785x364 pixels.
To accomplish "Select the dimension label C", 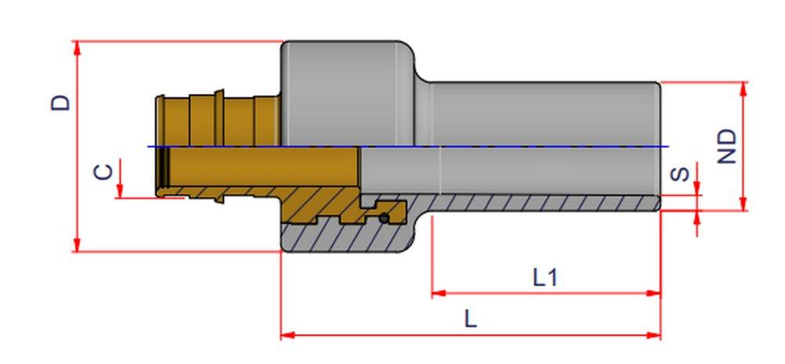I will pos(103,171).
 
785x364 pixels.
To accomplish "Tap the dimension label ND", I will pos(728,146).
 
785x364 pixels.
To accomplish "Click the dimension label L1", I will pos(545,277).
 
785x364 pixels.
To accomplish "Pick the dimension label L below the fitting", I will pos(469,318).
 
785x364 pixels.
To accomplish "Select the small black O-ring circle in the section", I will pos(384,217).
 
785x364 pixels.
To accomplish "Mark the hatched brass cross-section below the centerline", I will pos(314,208).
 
